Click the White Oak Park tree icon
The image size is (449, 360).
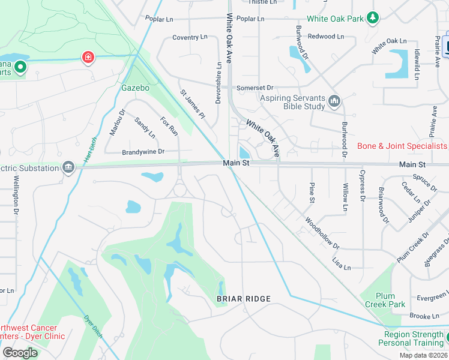pyautogui.click(x=373, y=18)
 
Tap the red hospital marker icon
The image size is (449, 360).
pyautogui.click(x=88, y=57)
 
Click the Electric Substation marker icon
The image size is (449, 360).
pyautogui.click(x=68, y=166)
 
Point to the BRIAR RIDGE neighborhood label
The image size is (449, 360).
pyautogui.click(x=244, y=299)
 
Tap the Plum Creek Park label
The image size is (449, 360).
pyautogui.click(x=385, y=300)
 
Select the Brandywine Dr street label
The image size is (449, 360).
pyautogui.click(x=143, y=152)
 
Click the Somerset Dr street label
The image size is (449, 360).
pyautogui.click(x=255, y=88)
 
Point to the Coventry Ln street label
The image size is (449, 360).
pyautogui.click(x=190, y=37)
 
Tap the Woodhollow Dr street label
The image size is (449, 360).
pyautogui.click(x=322, y=234)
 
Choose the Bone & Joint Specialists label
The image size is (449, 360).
pyautogui.click(x=402, y=146)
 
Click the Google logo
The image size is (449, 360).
pyautogui.click(x=20, y=352)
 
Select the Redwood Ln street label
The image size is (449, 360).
pyautogui.click(x=326, y=37)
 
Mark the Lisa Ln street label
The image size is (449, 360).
pyautogui.click(x=341, y=263)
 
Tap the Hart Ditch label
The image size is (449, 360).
pyautogui.click(x=91, y=149)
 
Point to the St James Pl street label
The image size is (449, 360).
pyautogui.click(x=193, y=104)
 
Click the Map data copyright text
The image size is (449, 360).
pyautogui.click(x=423, y=355)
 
